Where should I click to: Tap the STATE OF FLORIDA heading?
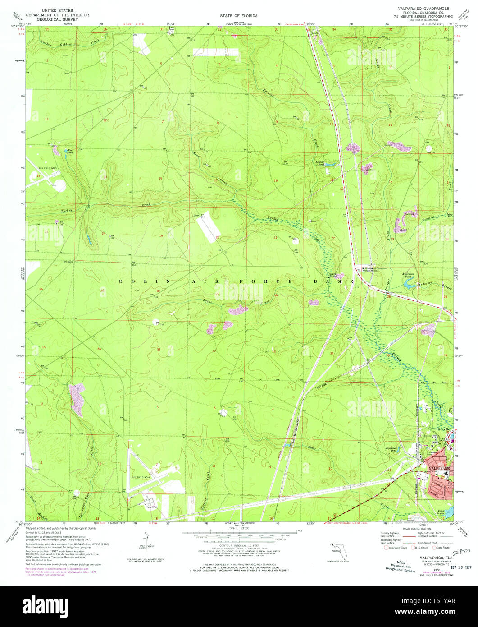[x=239, y=15]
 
